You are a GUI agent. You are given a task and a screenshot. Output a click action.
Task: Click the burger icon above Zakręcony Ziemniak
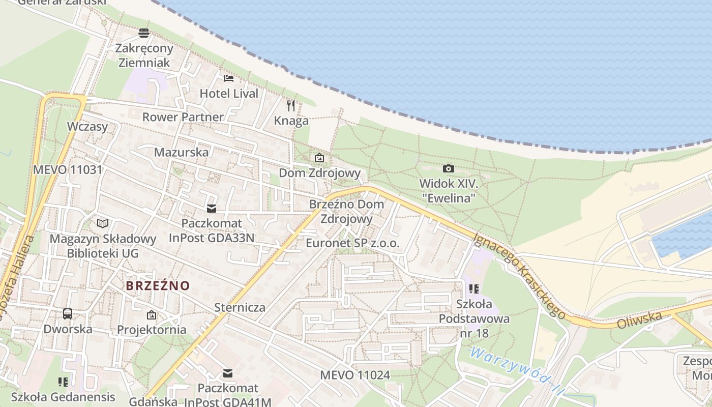click(x=144, y=33)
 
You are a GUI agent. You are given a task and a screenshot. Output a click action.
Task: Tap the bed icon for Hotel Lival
click(x=229, y=78)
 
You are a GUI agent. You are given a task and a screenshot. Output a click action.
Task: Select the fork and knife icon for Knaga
click(x=291, y=105)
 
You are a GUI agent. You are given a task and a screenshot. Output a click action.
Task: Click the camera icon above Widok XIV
click(x=448, y=168)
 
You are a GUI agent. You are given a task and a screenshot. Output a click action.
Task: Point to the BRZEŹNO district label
click(x=158, y=286)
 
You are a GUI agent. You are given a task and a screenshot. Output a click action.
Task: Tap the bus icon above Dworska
click(x=68, y=313)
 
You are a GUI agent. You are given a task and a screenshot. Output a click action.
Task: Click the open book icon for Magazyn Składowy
click(x=103, y=223)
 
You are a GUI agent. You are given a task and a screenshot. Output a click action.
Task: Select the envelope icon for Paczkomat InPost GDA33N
click(x=211, y=209)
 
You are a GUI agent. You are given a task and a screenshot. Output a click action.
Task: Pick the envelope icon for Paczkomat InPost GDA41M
click(x=228, y=373)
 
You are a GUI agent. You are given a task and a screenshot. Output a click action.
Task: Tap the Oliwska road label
click(x=640, y=320)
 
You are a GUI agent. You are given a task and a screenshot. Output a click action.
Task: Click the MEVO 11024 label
click(x=355, y=375)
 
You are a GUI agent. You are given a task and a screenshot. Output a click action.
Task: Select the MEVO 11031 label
click(x=68, y=170)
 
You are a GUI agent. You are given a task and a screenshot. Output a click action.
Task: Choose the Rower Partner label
click(x=183, y=117)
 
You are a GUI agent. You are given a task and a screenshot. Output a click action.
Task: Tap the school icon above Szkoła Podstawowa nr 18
click(x=474, y=289)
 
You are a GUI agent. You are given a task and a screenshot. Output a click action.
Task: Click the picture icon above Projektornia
click(x=152, y=315)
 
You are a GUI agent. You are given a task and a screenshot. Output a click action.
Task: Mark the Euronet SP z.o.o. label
click(x=352, y=243)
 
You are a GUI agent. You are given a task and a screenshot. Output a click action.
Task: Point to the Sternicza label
click(x=240, y=307)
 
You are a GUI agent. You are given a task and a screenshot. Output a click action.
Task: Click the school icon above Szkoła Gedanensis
click(x=63, y=381)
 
